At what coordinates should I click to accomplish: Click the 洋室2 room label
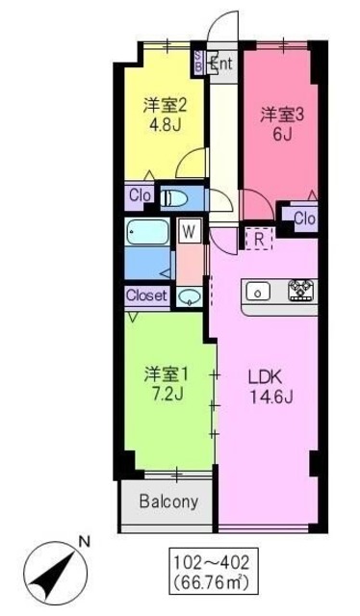(165, 104)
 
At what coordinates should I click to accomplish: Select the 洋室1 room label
(165, 372)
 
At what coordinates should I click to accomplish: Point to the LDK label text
(270, 372)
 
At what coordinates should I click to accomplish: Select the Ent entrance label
(220, 64)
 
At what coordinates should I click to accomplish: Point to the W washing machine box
(190, 231)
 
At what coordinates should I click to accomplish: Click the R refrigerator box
(259, 238)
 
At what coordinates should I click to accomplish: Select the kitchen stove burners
(302, 289)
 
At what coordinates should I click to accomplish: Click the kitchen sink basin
(258, 290)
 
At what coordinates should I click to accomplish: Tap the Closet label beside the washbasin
(146, 295)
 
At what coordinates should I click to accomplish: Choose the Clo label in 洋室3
(304, 218)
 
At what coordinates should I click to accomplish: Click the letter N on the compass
(83, 543)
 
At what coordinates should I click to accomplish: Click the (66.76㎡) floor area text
(201, 581)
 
